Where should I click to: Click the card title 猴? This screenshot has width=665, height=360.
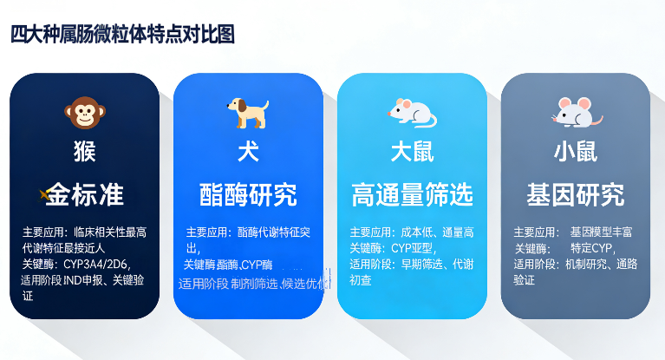[84, 152]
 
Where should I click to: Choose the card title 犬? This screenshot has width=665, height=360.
[248, 152]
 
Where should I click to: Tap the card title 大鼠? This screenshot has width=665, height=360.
[412, 152]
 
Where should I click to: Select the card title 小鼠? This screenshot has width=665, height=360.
[575, 152]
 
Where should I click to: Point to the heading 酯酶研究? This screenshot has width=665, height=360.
[248, 194]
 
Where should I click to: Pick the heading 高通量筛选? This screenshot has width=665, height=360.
[412, 194]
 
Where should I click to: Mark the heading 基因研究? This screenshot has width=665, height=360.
[575, 194]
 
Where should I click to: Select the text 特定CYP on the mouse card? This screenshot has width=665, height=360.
[591, 248]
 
